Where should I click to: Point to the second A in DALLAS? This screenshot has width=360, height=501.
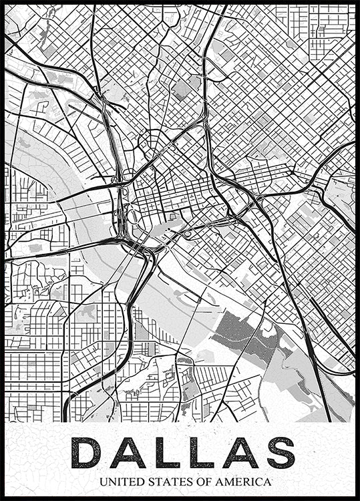239,452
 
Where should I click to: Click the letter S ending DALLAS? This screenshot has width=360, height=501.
280,452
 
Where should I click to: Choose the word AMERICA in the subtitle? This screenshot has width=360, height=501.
244,481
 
